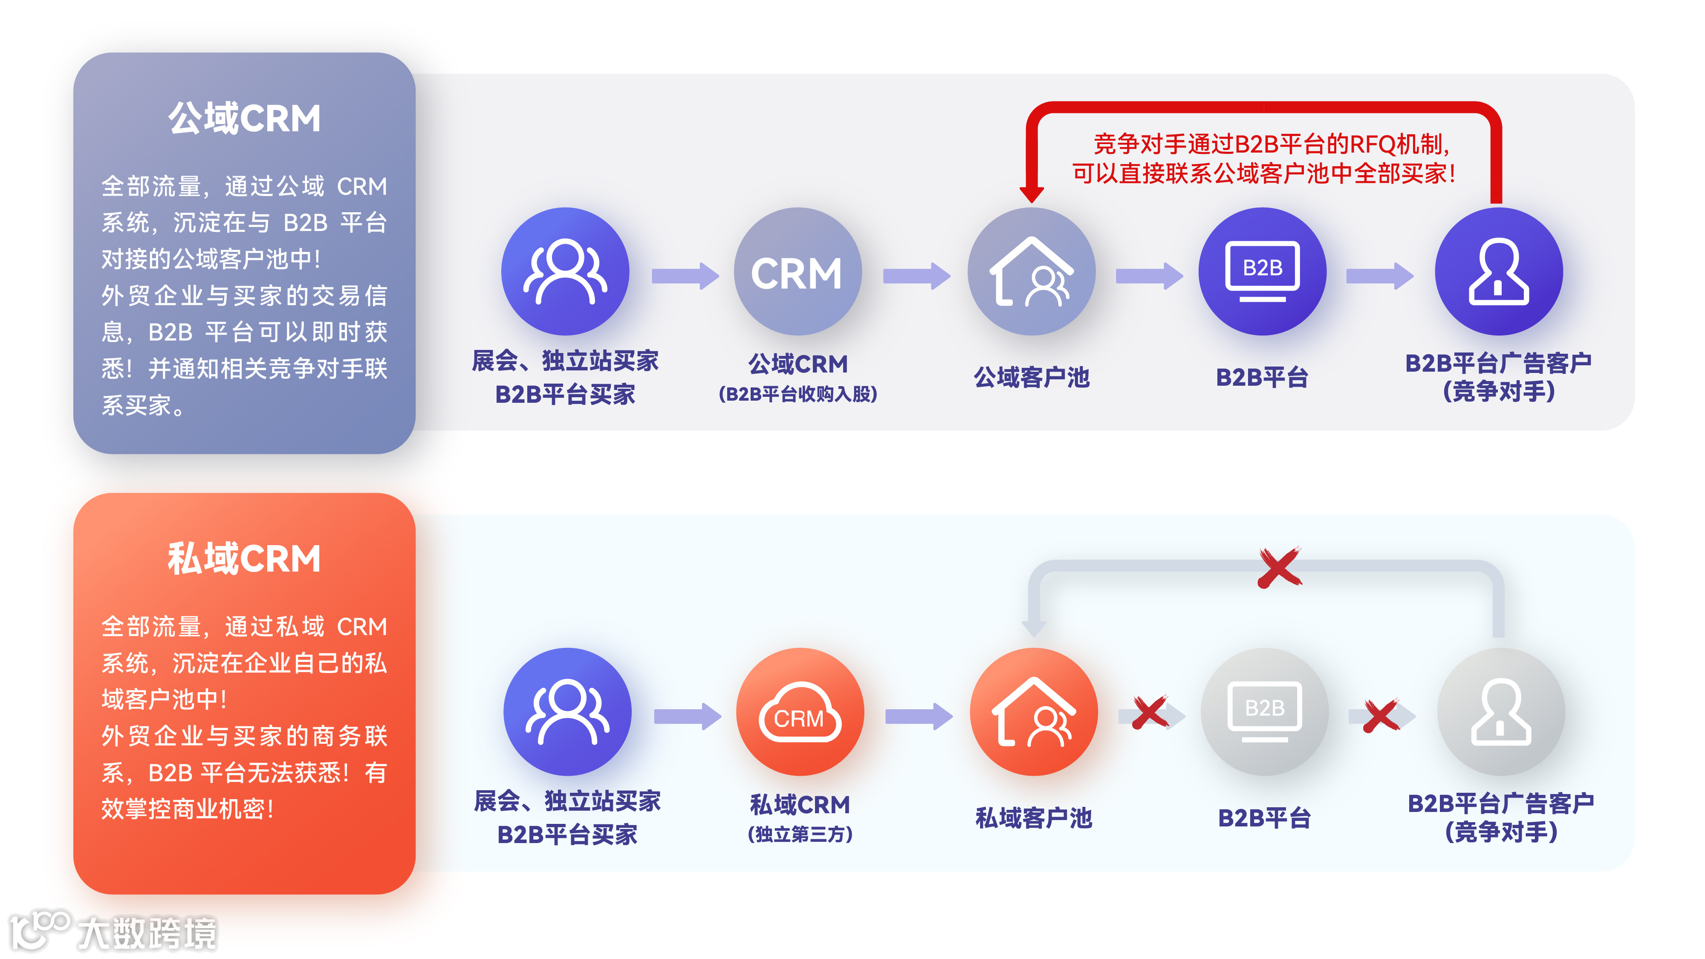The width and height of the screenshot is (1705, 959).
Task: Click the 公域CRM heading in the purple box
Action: coord(244,119)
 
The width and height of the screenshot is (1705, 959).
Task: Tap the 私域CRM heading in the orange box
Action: coord(244,559)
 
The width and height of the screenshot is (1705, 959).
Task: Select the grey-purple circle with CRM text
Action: coord(798,272)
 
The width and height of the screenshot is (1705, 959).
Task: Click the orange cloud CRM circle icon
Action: coord(800,711)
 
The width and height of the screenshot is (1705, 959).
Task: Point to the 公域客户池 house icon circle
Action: coord(1031,272)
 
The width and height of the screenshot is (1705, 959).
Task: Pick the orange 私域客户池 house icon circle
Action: coord(1033,711)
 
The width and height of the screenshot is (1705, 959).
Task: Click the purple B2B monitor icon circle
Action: coord(1262,272)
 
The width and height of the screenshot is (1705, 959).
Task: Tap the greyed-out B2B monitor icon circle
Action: coord(1264,711)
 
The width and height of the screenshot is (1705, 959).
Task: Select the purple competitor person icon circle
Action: coord(1499,272)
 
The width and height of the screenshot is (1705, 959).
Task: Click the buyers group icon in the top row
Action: coord(565,272)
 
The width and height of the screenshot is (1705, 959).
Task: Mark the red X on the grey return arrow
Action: coord(1280,568)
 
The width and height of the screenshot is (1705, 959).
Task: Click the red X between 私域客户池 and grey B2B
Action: coord(1150,713)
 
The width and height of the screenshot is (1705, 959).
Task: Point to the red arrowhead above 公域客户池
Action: coord(1031,193)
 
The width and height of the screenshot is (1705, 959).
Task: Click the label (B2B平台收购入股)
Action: coord(798,394)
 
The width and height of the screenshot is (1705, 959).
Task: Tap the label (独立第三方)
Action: coord(800,834)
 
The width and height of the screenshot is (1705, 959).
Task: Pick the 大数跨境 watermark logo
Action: coord(113,932)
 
